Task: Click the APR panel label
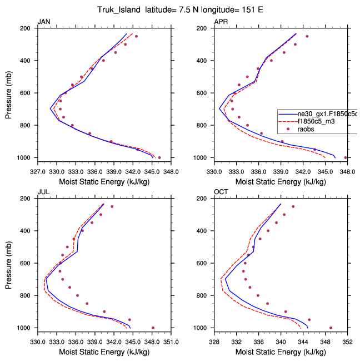pos(221,22)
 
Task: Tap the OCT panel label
pos(221,192)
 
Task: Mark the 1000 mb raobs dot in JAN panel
pos(159,157)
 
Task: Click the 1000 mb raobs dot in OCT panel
pos(331,328)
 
